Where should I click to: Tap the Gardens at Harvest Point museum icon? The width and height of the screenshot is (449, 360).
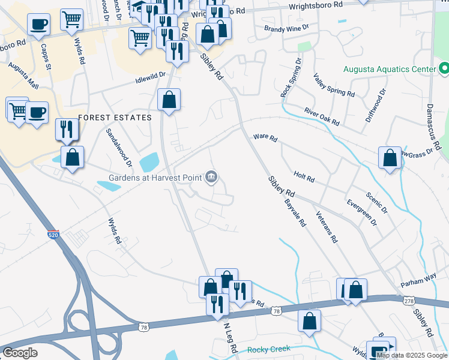pos(211,177)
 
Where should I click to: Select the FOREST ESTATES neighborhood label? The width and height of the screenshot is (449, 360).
pos(114,118)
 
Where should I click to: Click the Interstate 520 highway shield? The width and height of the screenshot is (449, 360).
pos(53,235)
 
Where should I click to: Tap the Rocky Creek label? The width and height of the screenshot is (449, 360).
pos(268,349)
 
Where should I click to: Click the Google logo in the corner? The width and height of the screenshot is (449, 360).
pos(20,352)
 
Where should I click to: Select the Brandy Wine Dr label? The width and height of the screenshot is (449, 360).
pos(286,28)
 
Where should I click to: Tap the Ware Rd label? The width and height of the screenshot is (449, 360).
pos(265,139)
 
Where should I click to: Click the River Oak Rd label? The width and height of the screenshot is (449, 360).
pos(322,116)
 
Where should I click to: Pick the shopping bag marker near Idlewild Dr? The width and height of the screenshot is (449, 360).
pos(169,100)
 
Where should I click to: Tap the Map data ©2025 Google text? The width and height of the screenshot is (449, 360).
pos(412,355)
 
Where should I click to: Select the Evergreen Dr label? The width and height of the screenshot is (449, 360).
pos(361,212)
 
